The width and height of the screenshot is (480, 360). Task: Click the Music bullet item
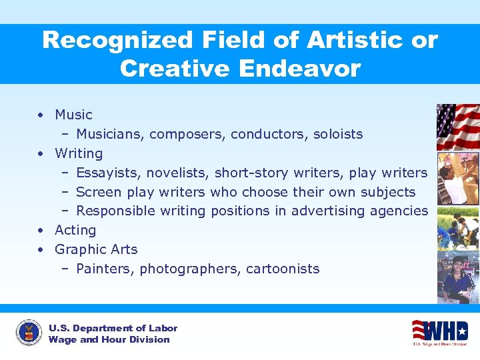(x=73, y=115)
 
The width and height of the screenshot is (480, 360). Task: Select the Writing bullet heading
(x=79, y=153)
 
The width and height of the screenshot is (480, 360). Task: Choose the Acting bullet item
(x=75, y=230)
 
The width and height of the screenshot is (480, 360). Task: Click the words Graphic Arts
(x=96, y=249)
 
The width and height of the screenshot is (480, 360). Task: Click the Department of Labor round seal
(x=28, y=333)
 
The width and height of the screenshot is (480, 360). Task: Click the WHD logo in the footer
(x=440, y=331)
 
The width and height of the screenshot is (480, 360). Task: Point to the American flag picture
(x=457, y=127)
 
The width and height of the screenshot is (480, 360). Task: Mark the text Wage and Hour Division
(x=109, y=339)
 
